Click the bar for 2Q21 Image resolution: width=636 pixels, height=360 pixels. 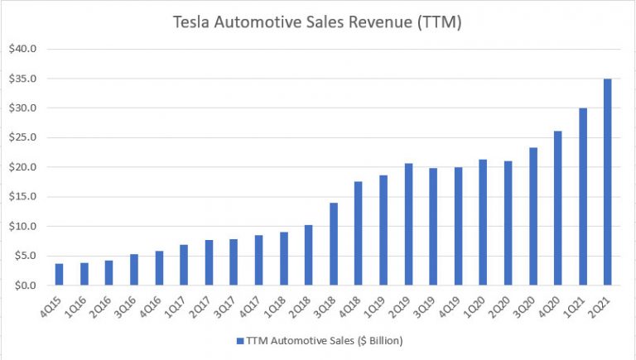[608, 182]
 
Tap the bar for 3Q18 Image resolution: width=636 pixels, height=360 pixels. [334, 244]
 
